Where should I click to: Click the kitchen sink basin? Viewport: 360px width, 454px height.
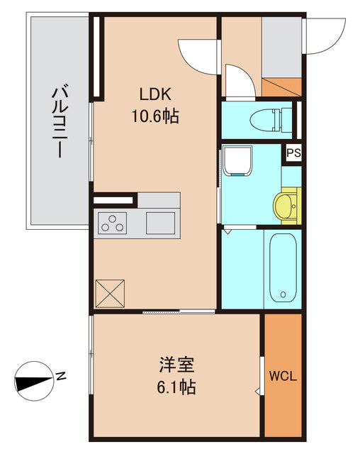tap(161, 223)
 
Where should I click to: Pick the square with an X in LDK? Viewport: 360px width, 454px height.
tap(110, 292)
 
